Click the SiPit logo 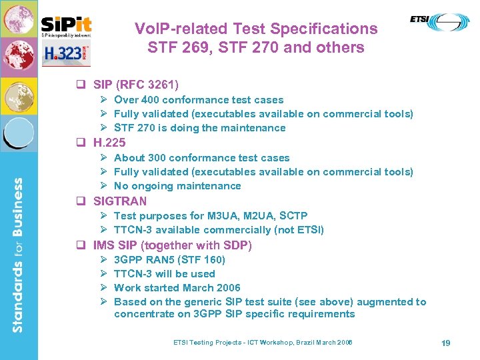(66, 25)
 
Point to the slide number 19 (446, 343)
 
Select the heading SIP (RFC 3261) (136, 85)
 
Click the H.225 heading (109, 143)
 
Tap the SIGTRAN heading (120, 201)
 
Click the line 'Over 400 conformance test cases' (199, 100)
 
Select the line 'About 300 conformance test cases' (201, 158)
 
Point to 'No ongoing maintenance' (177, 186)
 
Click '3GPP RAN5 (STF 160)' (169, 260)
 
